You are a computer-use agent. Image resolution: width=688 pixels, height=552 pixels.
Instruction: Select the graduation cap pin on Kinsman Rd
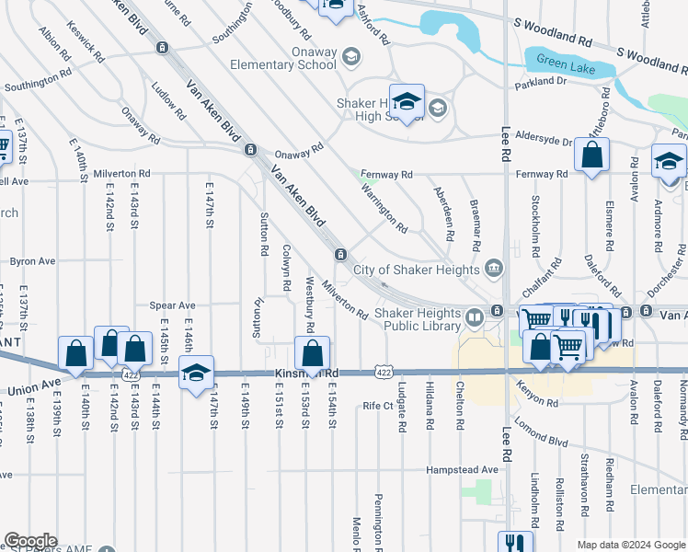[196, 373]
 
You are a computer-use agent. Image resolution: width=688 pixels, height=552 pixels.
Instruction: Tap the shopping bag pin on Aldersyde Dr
[591, 155]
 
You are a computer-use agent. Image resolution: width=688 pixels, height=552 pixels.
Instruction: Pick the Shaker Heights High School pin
[406, 101]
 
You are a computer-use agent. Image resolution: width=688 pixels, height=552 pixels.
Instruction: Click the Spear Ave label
[174, 305]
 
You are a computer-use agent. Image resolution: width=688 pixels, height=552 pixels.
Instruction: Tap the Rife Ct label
[378, 405]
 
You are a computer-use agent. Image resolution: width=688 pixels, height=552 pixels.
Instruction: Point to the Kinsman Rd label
[307, 374]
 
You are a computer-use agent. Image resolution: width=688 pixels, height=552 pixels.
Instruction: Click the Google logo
[29, 541]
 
